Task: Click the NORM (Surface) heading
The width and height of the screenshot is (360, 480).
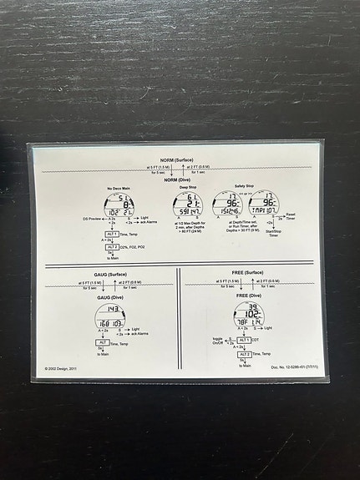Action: (178, 159)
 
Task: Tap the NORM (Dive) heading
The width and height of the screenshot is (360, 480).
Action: (175, 179)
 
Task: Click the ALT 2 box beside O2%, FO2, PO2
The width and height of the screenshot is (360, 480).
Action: (112, 247)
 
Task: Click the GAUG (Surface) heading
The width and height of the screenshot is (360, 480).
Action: (111, 274)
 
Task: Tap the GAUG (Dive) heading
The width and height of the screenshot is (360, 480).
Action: (111, 296)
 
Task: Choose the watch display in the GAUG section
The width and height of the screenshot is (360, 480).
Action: (111, 316)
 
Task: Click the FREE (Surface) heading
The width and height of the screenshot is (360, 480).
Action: (248, 273)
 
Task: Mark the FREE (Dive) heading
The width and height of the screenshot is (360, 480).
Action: (248, 296)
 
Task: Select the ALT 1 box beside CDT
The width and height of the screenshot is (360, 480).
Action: (244, 340)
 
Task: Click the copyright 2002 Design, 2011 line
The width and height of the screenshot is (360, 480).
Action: (63, 366)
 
